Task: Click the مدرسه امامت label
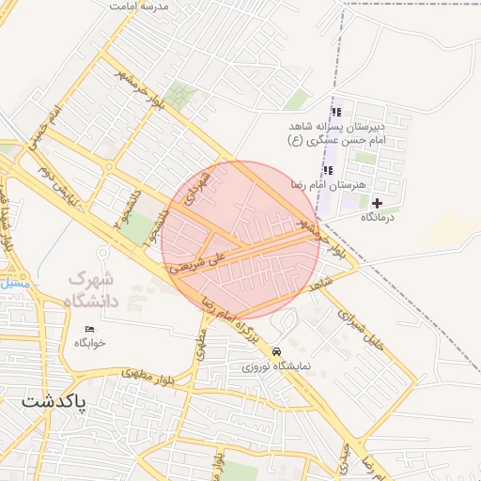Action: coord(138,6)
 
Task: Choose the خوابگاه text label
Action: coord(90,343)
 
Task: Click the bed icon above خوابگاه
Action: coord(90,329)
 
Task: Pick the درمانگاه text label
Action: coord(381,217)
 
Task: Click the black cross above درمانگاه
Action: coord(378,203)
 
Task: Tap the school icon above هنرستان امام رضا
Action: coord(328,170)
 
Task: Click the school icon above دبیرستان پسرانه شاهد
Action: coord(335,113)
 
